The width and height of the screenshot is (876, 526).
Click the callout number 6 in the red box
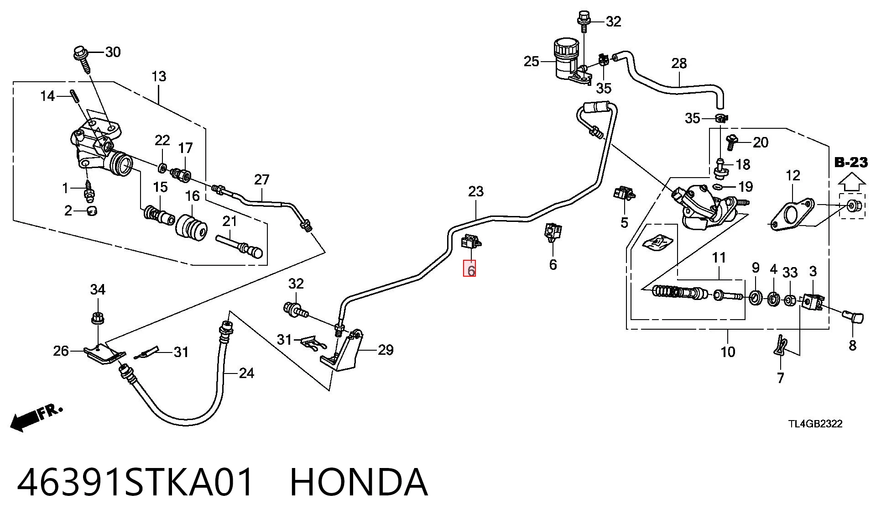click(x=470, y=269)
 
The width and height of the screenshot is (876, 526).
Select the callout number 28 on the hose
click(x=679, y=63)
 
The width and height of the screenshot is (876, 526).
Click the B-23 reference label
click(x=851, y=162)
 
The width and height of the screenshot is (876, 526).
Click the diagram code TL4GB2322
click(x=816, y=424)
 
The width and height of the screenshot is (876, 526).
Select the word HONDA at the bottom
click(x=359, y=482)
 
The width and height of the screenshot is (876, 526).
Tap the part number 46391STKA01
click(x=135, y=482)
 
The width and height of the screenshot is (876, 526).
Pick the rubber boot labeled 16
click(x=192, y=227)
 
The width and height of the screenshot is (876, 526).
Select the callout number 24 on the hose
click(x=246, y=373)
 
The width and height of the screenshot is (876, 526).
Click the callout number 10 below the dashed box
click(x=728, y=352)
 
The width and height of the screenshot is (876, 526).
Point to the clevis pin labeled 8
click(x=852, y=316)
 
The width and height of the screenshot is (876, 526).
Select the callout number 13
click(x=159, y=77)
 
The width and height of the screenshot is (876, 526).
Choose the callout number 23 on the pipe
click(x=475, y=191)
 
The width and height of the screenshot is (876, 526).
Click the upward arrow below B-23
click(x=851, y=183)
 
